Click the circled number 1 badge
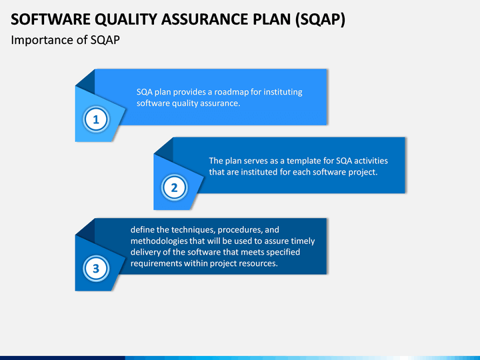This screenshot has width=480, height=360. [96, 119]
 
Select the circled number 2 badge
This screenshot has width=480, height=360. [174, 187]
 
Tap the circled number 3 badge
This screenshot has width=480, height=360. [96, 269]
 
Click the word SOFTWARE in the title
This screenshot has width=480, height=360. [51, 19]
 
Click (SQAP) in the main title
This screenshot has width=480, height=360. [320, 20]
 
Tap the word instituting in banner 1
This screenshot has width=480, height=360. [283, 92]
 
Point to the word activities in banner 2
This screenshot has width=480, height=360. [371, 161]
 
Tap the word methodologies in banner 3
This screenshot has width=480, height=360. [159, 241]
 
